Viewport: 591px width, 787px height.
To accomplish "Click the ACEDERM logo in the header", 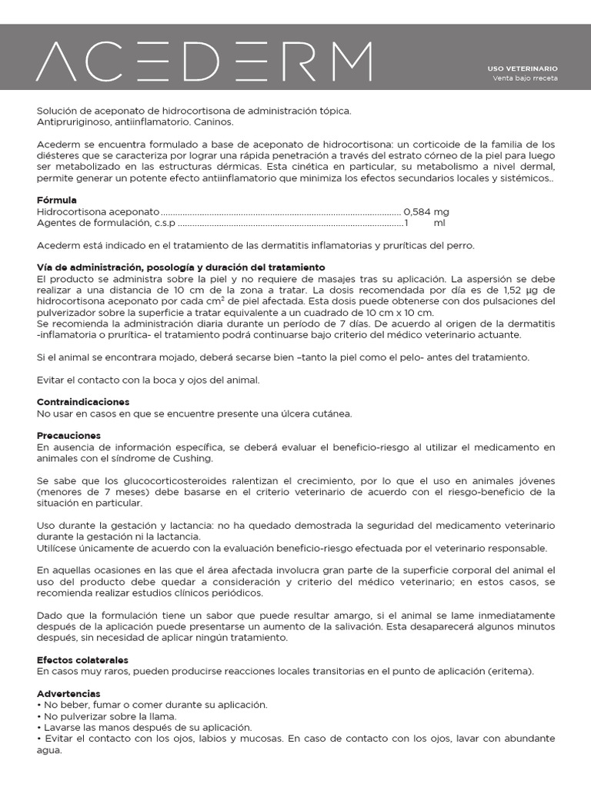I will [204, 61].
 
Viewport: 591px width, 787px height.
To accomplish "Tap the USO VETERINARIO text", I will [523, 68].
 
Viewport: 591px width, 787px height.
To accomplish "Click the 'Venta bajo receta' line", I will [525, 78].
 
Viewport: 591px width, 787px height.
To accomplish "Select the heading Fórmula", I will [57, 200].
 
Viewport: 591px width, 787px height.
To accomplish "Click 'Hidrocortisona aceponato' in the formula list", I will [98, 211].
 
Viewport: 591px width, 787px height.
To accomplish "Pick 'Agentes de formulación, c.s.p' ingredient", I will [106, 223].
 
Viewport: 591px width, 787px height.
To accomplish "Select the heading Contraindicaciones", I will [83, 402].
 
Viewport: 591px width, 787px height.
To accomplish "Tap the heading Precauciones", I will [68, 436].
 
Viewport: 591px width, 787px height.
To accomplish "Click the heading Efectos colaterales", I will [82, 660].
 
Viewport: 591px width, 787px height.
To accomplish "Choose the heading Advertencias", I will [68, 693].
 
